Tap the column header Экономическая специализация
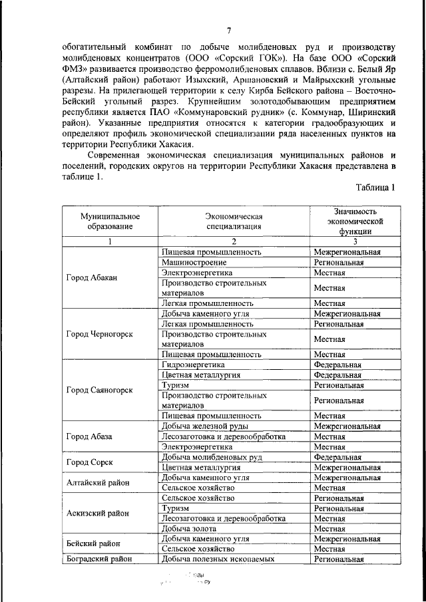pyautogui.click(x=235, y=222)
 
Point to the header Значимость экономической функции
pyautogui.click(x=356, y=222)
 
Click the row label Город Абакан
pyautogui.click(x=92, y=277)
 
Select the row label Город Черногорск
pyautogui.click(x=99, y=334)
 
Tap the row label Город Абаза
pyautogui.click(x=89, y=436)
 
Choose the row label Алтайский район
pyautogui.click(x=97, y=482)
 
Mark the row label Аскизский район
pyautogui.click(x=98, y=513)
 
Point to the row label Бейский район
pyautogui.click(x=93, y=543)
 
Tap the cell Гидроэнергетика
pyautogui.click(x=193, y=365)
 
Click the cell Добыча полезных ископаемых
pyautogui.click(x=218, y=559)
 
